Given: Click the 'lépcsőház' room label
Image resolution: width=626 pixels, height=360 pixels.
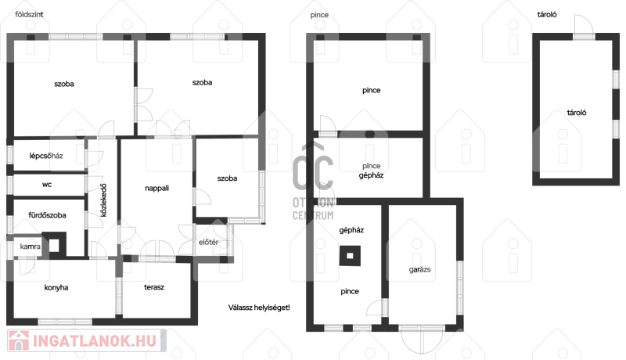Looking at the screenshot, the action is [x=46, y=156].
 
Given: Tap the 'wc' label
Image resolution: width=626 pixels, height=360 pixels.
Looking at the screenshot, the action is [x=47, y=185].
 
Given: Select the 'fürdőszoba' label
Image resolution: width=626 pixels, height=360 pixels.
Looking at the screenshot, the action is [x=47, y=215].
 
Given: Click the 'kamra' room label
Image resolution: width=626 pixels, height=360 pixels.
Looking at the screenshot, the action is [x=30, y=247].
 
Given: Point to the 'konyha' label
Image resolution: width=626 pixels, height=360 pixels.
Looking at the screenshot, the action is [x=56, y=287].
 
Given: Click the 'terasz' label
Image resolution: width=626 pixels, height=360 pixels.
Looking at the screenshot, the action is [x=154, y=287].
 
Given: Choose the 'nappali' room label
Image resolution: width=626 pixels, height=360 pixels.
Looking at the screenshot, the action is [x=157, y=188].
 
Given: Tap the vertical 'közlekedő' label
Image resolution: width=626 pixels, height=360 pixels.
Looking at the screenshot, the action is [x=103, y=200].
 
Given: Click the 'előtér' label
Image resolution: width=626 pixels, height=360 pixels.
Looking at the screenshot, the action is [x=208, y=242].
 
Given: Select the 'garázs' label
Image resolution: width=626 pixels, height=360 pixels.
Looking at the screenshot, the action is [x=419, y=269].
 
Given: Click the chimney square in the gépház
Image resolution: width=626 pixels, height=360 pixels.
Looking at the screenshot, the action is [x=350, y=256].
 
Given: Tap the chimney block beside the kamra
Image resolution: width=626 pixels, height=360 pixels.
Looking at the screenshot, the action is [x=54, y=245].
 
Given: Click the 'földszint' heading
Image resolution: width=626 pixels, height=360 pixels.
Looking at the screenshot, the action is [x=29, y=14].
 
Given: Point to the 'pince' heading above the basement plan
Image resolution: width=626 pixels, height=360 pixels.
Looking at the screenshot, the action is [x=319, y=15].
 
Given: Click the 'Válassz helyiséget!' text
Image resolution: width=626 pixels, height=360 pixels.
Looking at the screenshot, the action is [x=259, y=308].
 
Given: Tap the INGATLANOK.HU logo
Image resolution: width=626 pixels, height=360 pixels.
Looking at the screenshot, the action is [x=86, y=340].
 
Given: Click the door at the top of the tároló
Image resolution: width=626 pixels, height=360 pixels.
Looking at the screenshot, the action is [x=584, y=27].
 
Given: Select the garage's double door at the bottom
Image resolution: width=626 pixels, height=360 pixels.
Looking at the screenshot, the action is [x=422, y=339].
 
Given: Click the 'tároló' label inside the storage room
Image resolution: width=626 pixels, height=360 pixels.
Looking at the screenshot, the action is [x=577, y=113].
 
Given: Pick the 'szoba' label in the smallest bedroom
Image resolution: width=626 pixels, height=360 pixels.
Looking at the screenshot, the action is [x=227, y=178].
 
